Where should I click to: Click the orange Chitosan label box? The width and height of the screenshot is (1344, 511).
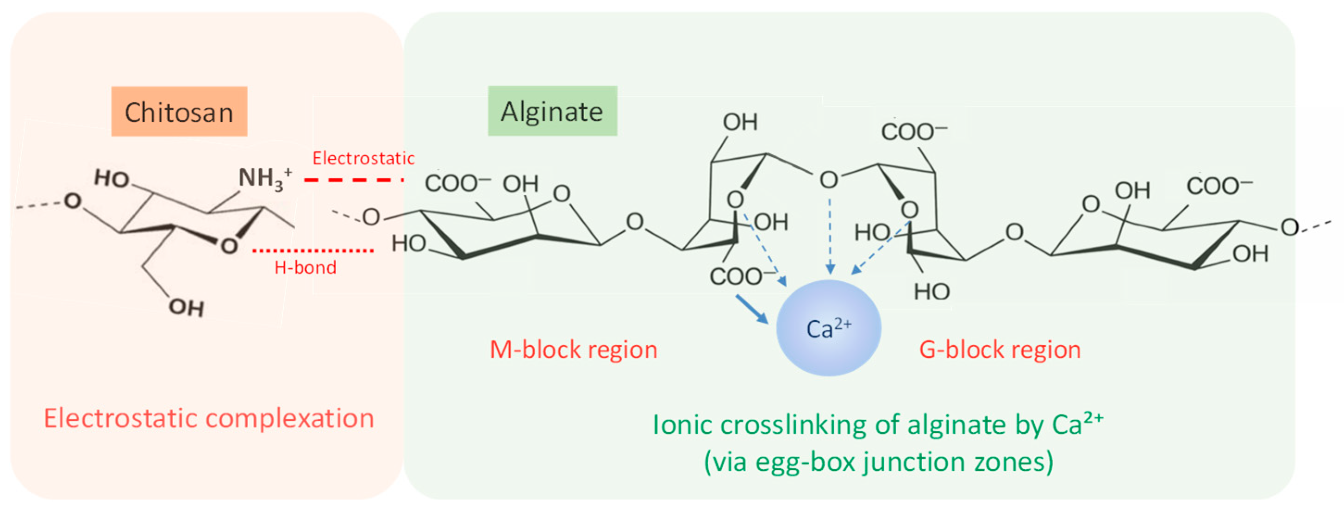(179, 112)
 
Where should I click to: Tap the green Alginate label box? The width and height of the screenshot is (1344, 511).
(552, 111)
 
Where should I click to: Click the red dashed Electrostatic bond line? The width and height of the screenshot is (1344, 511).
(354, 180)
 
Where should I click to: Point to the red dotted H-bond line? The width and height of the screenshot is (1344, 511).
(313, 251)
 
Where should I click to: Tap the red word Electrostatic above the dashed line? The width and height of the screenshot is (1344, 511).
(363, 158)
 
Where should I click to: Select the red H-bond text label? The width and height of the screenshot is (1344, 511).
(305, 268)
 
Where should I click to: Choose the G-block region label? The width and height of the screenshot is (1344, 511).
(999, 349)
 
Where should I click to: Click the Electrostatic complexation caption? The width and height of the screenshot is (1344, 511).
(209, 418)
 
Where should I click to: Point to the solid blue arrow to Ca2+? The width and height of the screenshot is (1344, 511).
(752, 309)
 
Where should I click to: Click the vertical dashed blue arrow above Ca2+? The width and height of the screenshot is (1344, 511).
(830, 235)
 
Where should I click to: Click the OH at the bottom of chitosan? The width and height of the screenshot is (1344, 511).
(186, 307)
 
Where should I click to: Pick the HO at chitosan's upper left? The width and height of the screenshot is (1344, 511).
(112, 178)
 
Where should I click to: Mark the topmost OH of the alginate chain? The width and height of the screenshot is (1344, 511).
(740, 122)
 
